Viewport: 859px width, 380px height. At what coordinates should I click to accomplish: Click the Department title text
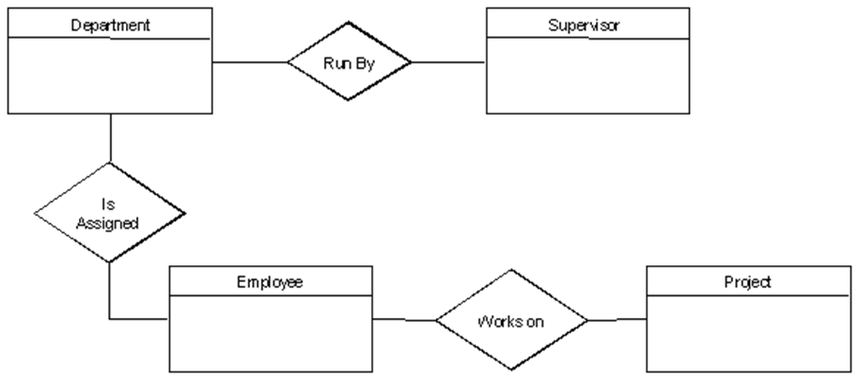(110, 24)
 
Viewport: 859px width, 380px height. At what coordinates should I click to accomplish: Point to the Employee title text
(270, 282)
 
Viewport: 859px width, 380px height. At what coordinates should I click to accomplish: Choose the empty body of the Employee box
(270, 333)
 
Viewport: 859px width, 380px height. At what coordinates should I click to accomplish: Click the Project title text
(748, 282)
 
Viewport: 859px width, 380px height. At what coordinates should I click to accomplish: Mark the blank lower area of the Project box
(748, 333)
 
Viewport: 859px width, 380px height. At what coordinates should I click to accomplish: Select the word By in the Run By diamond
(363, 63)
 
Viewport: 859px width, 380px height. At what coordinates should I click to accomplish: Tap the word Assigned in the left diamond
(108, 223)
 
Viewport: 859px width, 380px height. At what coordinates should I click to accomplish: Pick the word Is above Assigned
(108, 204)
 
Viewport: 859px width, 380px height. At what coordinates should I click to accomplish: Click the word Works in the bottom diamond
(496, 322)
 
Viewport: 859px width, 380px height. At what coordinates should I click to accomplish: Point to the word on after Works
(534, 322)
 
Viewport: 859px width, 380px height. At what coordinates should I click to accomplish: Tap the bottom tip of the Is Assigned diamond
(108, 261)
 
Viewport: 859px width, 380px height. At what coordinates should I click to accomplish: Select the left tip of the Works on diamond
(439, 321)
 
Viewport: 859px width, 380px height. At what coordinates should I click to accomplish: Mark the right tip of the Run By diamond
(408, 62)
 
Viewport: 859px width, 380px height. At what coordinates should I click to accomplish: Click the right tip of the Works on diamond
(585, 321)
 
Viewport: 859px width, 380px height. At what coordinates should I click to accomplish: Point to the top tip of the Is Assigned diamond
(108, 166)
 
